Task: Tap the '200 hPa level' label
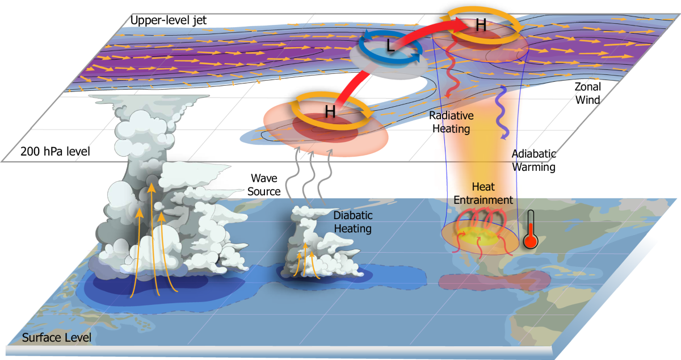51,152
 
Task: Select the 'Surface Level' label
56,338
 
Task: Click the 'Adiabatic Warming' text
534,161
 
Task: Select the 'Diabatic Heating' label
352,223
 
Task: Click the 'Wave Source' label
263,185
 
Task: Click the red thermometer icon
531,230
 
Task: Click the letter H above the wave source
330,112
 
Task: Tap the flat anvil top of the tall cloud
150,103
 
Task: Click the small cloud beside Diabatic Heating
315,244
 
